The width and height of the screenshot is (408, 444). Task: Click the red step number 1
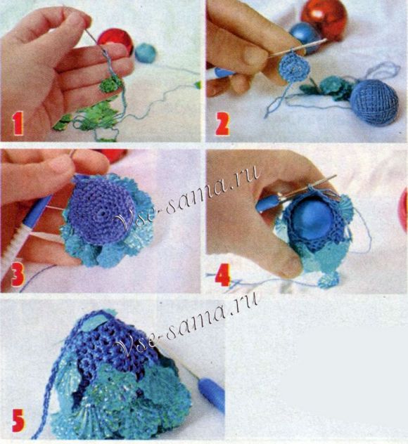tap(18, 124)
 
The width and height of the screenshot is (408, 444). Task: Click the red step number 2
tap(222, 124)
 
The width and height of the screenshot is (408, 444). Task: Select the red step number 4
tap(222, 275)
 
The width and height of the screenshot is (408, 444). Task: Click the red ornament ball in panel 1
tap(115, 41)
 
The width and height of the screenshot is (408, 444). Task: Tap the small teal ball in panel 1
tap(146, 53)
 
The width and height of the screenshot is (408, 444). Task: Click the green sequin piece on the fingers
tap(110, 84)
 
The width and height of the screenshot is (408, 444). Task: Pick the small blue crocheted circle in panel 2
tap(294, 67)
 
